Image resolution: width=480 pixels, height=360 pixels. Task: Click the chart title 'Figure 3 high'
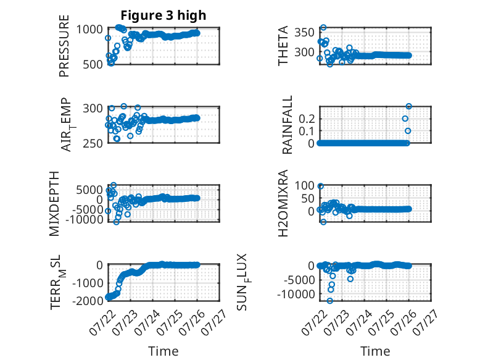(163, 15)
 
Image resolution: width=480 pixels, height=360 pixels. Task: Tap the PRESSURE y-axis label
(64, 46)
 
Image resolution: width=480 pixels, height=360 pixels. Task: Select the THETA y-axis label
(283, 46)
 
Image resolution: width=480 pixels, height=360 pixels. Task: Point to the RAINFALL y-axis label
(287, 125)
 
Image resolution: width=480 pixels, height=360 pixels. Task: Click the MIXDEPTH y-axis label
(54, 204)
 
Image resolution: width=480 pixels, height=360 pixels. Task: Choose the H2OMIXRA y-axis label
(283, 203)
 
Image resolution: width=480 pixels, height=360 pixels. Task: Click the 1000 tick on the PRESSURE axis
(89, 30)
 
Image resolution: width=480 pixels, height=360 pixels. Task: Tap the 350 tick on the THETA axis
(305, 32)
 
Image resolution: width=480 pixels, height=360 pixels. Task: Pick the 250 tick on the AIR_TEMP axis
(93, 143)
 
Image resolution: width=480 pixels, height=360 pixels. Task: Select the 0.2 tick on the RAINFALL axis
(307, 119)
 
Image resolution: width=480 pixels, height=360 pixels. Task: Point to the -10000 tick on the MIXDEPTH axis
(84, 219)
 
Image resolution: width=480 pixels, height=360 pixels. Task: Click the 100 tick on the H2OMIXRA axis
(305, 185)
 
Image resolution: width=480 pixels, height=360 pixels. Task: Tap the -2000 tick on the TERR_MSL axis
(88, 301)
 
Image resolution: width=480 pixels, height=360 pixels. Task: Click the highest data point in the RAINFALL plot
(408, 106)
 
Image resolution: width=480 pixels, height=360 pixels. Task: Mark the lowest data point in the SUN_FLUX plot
(329, 301)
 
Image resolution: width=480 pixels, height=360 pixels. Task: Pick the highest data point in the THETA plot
(323, 28)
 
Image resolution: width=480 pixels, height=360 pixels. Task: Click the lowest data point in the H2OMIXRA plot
(323, 222)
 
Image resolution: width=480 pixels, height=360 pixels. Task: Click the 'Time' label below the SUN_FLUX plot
(375, 351)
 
